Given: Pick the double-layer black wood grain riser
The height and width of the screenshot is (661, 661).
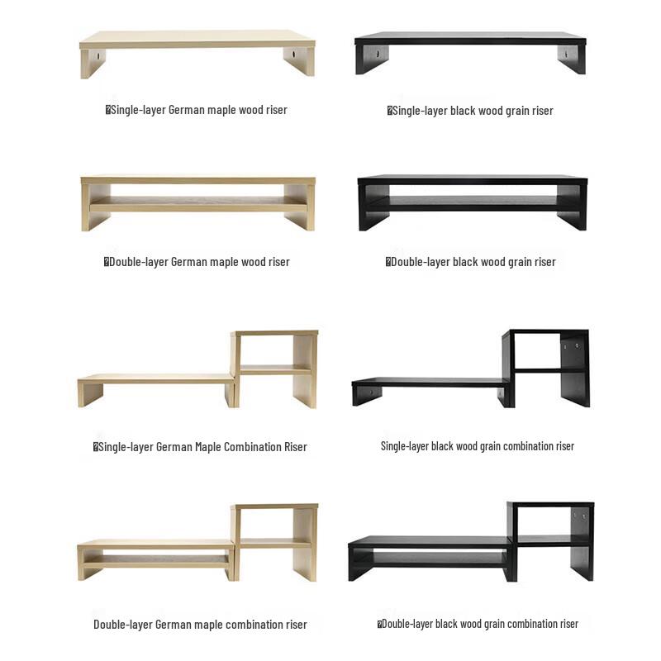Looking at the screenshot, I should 472,202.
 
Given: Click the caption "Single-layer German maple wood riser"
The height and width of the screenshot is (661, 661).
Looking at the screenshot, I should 197,110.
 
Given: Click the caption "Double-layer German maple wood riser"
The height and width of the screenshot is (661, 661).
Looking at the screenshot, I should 197,262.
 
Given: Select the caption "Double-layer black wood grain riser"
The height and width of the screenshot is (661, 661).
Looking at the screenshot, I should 471,262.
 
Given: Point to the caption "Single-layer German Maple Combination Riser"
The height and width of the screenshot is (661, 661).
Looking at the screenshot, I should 200,447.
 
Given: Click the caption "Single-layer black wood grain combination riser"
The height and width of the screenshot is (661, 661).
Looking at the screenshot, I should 478,446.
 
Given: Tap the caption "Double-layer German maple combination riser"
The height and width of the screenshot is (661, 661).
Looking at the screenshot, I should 200,625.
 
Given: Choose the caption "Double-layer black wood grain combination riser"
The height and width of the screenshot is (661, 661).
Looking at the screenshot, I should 478,624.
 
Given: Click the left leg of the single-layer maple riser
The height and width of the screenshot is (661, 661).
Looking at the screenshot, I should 93,62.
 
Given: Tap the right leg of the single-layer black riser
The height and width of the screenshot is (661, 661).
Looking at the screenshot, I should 571,59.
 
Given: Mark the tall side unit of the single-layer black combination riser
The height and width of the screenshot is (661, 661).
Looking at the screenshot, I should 548,368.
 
